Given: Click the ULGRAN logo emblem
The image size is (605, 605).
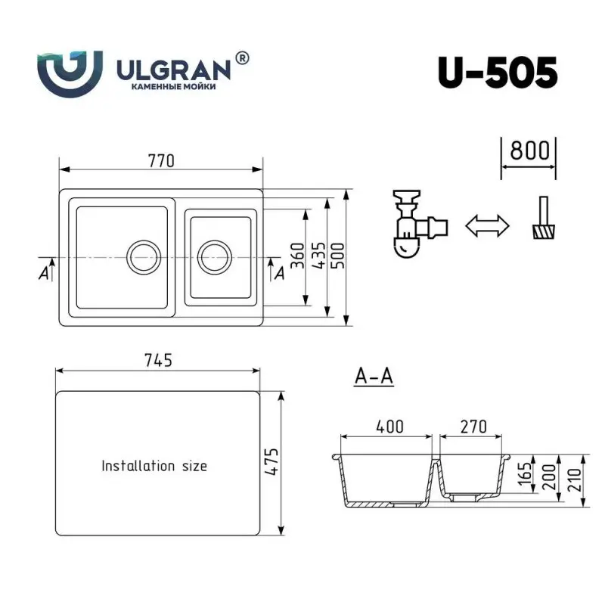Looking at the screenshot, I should (70, 73).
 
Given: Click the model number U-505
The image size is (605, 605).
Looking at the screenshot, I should (497, 73).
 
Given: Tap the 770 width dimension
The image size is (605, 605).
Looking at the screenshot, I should (161, 160).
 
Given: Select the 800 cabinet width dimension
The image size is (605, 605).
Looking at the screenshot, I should (529, 149).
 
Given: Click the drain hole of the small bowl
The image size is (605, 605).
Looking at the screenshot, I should (213, 258).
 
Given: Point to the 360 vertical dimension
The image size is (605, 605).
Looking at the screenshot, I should (297, 257).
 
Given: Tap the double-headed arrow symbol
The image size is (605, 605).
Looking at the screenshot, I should (486, 225).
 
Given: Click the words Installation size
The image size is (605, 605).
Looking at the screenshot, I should (154, 466).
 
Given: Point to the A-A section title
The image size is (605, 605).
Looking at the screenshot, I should (374, 376).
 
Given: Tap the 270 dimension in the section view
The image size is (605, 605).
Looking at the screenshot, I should (473, 427).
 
